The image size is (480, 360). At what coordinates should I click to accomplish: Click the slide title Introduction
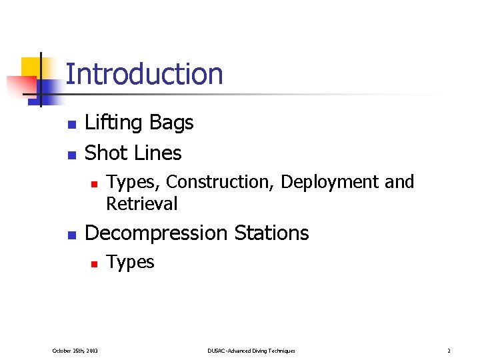144,74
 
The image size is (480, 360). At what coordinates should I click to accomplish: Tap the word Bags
171,123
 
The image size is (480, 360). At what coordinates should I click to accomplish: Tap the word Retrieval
142,203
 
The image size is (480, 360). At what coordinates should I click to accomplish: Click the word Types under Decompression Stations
130,263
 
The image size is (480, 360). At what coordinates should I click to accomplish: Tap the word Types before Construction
133,182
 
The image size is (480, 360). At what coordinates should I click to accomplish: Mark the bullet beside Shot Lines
71,155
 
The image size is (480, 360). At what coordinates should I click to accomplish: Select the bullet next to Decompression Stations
71,235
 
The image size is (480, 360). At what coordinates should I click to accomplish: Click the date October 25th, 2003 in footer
75,351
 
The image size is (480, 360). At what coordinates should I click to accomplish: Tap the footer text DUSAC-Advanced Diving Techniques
251,351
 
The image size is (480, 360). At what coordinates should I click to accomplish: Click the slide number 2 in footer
449,351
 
